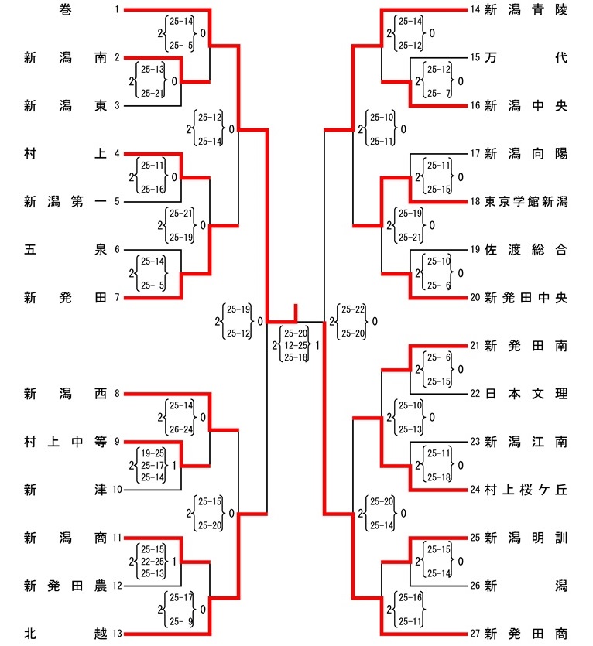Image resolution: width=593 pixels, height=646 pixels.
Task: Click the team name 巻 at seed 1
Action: pyautogui.click(x=65, y=10)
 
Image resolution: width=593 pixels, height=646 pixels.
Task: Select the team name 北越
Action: pyautogui.click(x=65, y=634)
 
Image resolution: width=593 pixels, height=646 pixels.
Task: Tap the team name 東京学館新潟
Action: pyautogui.click(x=526, y=202)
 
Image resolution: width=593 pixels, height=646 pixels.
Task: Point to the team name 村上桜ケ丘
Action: pyautogui.click(x=526, y=490)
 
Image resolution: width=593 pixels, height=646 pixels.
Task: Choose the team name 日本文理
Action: pyautogui.click(x=526, y=394)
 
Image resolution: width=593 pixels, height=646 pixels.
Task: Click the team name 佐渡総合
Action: pyautogui.click(x=526, y=250)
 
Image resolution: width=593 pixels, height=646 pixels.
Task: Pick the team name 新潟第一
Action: pyautogui.click(x=65, y=202)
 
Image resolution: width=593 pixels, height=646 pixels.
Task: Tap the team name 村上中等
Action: pyautogui.click(x=65, y=442)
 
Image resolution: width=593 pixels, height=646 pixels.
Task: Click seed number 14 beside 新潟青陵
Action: pyautogui.click(x=475, y=10)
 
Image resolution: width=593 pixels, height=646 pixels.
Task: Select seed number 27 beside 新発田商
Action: pyautogui.click(x=475, y=634)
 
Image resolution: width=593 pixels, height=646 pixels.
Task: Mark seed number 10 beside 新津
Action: pyautogui.click(x=116, y=490)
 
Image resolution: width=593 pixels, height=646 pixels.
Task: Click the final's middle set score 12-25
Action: pyautogui.click(x=296, y=345)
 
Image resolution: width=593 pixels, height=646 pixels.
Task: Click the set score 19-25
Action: pyautogui.click(x=153, y=453)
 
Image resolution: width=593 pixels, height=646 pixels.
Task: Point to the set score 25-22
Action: pyautogui.click(x=353, y=309)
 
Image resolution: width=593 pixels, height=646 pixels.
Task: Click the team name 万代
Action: pyautogui.click(x=526, y=58)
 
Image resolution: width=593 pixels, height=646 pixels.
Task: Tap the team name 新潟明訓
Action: pyautogui.click(x=526, y=538)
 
